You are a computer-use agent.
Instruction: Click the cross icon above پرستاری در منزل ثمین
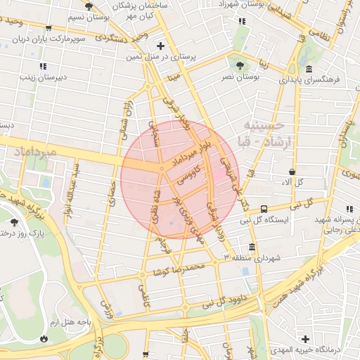click(x=161, y=45)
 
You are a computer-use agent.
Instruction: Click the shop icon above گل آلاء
click(x=292, y=172)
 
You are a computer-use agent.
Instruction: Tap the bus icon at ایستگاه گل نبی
click(x=264, y=209)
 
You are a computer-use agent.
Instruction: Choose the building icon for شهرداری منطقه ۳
click(x=252, y=247)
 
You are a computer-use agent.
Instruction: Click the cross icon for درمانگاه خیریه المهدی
click(x=305, y=337)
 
